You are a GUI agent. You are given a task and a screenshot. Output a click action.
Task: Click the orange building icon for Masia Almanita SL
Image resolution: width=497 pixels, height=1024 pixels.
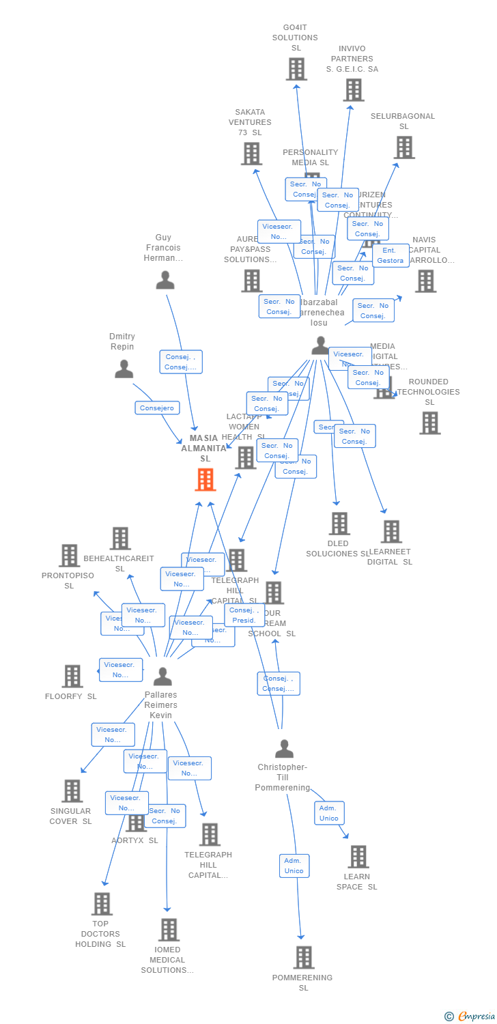[x=205, y=480]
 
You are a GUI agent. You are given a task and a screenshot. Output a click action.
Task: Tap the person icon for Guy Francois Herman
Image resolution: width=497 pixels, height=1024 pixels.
[x=165, y=280]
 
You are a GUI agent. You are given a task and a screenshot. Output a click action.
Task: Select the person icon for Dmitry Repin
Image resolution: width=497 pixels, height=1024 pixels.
[x=124, y=369]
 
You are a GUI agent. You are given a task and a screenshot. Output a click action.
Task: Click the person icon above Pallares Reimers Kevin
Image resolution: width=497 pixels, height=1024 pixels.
[x=162, y=677]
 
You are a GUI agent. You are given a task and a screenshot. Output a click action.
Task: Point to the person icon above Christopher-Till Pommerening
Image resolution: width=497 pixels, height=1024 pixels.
[x=284, y=749]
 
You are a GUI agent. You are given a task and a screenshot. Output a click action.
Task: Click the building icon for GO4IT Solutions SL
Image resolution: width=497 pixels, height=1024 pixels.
[x=296, y=69]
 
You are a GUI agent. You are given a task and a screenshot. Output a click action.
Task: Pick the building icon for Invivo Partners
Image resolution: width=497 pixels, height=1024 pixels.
[x=353, y=89]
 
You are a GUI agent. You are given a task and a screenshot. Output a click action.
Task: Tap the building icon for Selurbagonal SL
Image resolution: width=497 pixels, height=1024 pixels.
[x=403, y=147]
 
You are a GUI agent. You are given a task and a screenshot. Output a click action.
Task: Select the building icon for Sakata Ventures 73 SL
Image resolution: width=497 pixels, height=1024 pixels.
[x=251, y=154]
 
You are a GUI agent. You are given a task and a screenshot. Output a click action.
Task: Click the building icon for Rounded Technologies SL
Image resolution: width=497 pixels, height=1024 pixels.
[x=429, y=423]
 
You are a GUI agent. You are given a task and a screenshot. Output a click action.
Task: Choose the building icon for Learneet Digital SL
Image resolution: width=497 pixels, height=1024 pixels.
[x=390, y=532]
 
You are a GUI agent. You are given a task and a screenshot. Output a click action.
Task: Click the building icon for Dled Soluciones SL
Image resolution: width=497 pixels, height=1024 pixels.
[x=339, y=524]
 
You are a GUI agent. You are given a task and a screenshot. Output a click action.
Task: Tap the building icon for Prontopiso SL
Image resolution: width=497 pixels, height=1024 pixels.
[x=69, y=556]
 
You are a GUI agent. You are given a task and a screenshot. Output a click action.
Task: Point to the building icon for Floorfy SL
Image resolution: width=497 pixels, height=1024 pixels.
[x=72, y=676]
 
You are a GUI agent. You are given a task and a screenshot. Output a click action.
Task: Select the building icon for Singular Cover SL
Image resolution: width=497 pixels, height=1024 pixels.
[x=72, y=791]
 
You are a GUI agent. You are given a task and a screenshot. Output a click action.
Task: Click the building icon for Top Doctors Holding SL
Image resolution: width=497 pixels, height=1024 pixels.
[x=101, y=904]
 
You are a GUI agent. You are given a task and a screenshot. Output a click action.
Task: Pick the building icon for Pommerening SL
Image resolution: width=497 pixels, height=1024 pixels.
[x=304, y=957]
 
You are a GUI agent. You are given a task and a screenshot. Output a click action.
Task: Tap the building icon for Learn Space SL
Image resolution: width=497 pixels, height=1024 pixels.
[x=358, y=856]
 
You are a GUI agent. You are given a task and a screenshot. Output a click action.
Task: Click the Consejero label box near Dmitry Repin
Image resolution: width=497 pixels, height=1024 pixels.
[x=157, y=408]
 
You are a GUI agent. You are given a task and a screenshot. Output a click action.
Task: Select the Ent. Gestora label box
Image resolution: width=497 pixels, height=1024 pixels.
[x=390, y=255]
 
